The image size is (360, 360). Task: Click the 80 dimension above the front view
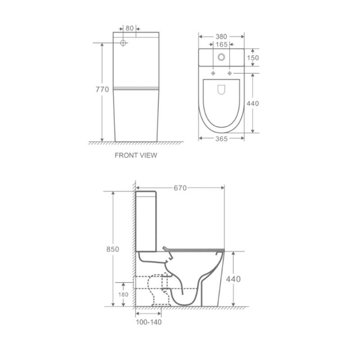click(130, 28)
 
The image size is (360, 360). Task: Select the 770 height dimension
click(102, 90)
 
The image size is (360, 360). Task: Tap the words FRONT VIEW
click(136, 155)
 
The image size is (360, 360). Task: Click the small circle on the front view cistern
click(123, 43)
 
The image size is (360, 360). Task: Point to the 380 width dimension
click(221, 36)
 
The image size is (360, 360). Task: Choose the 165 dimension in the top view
click(221, 45)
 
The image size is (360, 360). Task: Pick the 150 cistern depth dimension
click(253, 58)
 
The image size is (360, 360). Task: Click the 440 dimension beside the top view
click(253, 103)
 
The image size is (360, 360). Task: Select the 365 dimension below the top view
click(221, 139)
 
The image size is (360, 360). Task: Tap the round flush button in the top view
click(221, 57)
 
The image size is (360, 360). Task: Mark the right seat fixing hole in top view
click(230, 72)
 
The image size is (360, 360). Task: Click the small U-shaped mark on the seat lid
click(221, 90)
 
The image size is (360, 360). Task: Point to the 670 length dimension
click(180, 188)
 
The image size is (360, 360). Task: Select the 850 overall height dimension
click(113, 249)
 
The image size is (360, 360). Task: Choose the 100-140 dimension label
click(148, 322)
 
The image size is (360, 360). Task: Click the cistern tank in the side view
click(147, 220)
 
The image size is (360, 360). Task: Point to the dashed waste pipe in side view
click(148, 282)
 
